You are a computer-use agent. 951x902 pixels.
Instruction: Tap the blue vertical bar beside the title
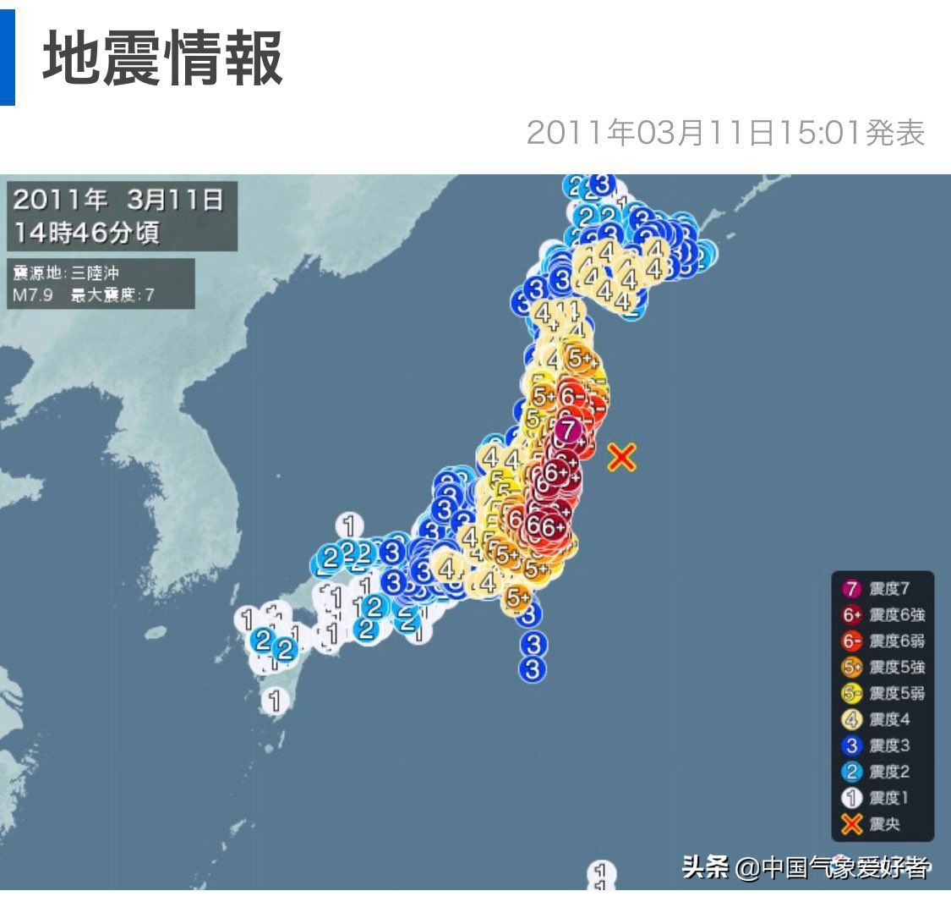point(7,52)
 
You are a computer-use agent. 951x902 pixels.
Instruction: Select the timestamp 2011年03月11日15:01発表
point(725,133)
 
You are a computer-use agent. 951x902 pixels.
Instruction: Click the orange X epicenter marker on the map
point(621,457)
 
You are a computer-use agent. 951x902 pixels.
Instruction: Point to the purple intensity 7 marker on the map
point(570,430)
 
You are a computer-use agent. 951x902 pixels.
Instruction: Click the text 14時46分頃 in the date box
point(85,232)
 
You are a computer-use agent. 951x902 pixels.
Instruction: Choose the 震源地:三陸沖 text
point(72,273)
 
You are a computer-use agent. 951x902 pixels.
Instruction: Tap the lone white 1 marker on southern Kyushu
point(274,700)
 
